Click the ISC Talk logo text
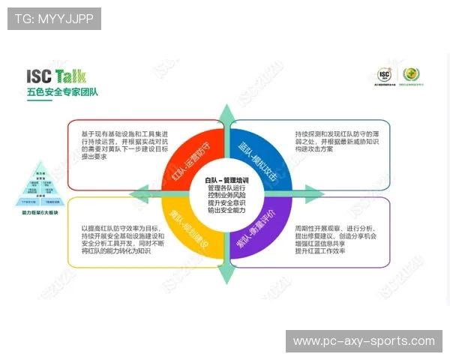pyautogui.click(x=56, y=76)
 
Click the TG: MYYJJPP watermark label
pyautogui.click(x=54, y=19)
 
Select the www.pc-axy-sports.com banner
pyautogui.click(x=364, y=341)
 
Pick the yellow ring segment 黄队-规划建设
pyautogui.click(x=189, y=229)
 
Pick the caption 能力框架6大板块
pyautogui.click(x=41, y=212)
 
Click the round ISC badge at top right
pyautogui.click(x=384, y=76)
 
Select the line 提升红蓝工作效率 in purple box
pyautogui.click(x=321, y=250)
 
